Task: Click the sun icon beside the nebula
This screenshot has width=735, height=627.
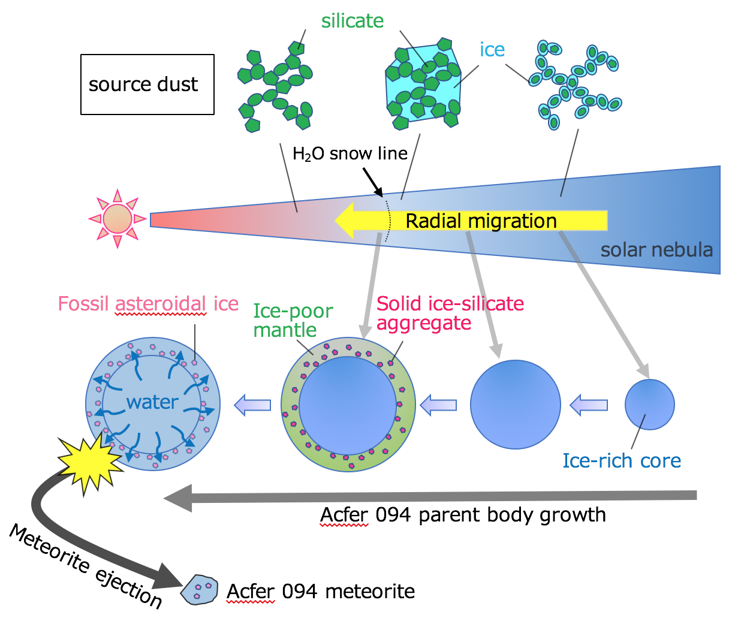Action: (x=118, y=219)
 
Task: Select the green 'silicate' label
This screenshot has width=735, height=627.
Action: (x=353, y=21)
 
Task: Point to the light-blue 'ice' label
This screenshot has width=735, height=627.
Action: (x=492, y=49)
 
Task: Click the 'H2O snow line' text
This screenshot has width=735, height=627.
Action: (x=350, y=153)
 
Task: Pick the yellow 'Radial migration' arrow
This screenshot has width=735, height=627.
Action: (x=471, y=221)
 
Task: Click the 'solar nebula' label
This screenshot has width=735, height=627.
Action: (x=656, y=250)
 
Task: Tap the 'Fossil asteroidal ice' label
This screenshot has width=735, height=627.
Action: (x=148, y=304)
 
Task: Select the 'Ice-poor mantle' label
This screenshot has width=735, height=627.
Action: (x=293, y=321)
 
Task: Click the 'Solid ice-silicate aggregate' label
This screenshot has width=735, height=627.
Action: (x=450, y=313)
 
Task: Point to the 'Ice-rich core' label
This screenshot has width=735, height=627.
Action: (x=622, y=461)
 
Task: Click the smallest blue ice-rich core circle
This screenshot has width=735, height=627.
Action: (x=650, y=405)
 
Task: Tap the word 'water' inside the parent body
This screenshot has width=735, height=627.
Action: (x=152, y=402)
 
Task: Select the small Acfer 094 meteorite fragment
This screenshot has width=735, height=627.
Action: (x=199, y=590)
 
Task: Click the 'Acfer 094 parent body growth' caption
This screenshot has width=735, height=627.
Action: (x=463, y=515)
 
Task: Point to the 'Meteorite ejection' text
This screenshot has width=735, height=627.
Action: (x=85, y=567)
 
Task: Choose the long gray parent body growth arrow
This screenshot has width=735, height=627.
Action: (x=430, y=497)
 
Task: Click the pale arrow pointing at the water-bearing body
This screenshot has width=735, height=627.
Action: (x=252, y=405)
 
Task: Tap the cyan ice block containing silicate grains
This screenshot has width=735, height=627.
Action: (x=423, y=83)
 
